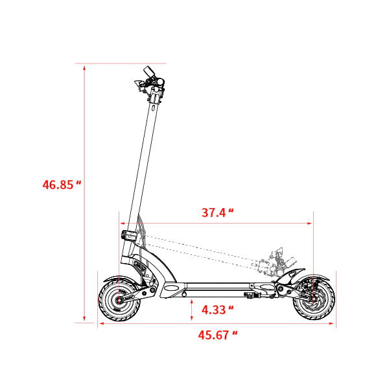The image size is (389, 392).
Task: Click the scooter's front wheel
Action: click(x=119, y=300)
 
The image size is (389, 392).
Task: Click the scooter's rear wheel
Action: click(x=314, y=300)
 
